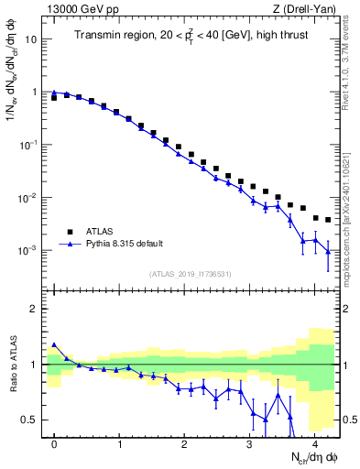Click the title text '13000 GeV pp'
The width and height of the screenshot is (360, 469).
76,9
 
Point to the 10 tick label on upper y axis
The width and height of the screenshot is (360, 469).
30,40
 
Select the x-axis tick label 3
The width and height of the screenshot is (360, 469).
250,444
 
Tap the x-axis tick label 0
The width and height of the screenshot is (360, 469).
55,444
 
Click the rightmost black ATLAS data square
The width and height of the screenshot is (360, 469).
327,220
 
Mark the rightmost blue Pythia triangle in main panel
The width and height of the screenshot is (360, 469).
327,250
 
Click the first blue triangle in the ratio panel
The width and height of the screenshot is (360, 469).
54,345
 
